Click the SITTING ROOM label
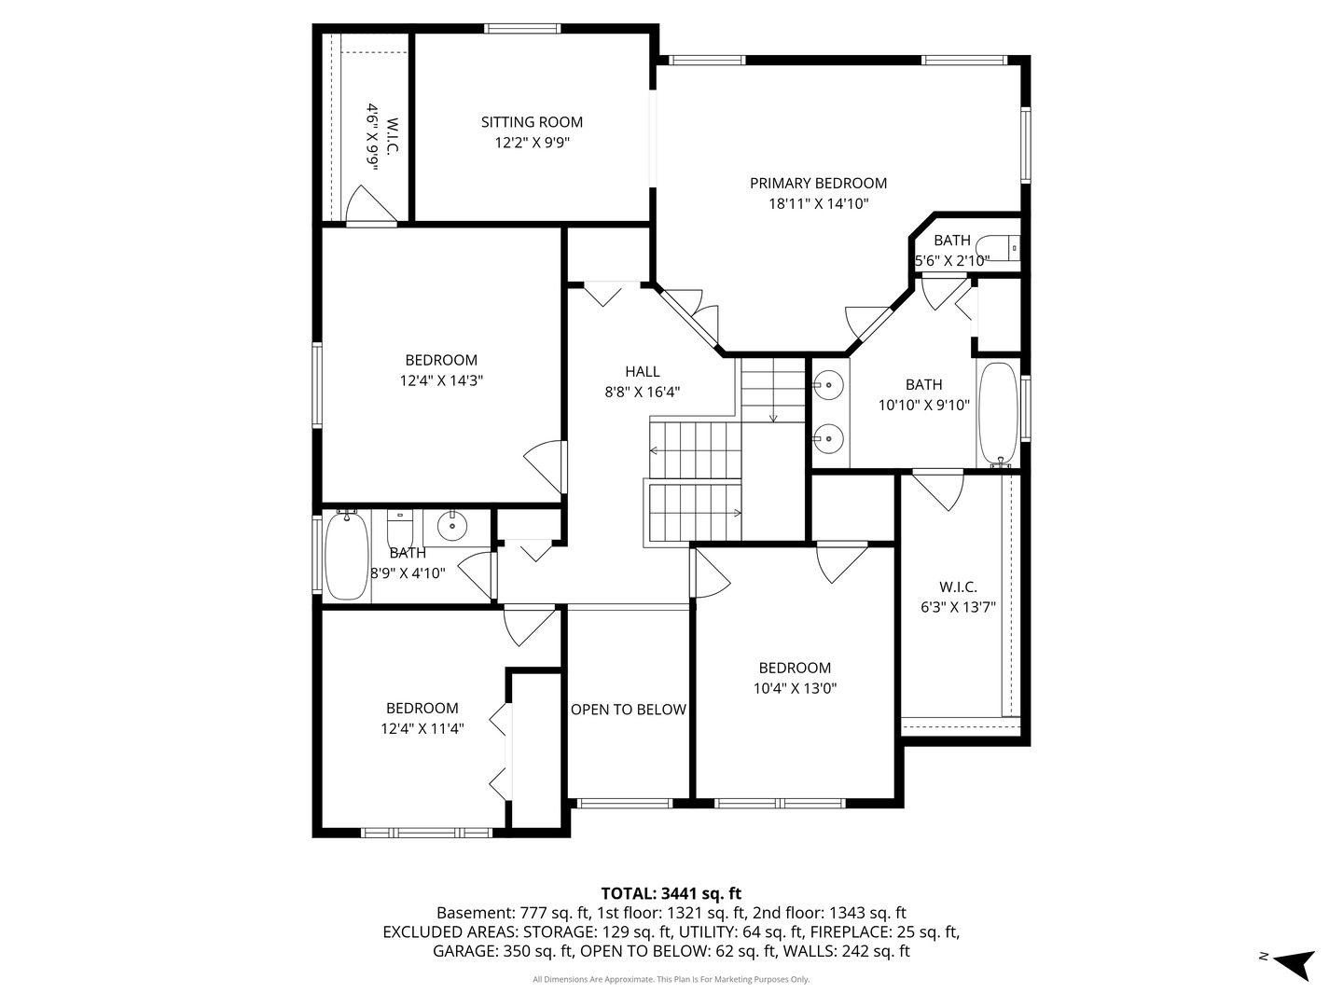click(532, 122)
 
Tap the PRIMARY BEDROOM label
click(818, 183)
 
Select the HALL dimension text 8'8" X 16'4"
click(642, 393)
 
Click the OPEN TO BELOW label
click(628, 710)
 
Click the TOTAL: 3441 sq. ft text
click(671, 894)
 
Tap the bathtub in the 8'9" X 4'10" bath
click(345, 557)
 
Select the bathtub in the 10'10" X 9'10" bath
click(998, 413)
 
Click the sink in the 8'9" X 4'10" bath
click(452, 526)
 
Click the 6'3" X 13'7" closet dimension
click(958, 607)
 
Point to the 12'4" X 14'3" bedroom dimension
click(440, 380)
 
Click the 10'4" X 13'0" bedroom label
click(795, 668)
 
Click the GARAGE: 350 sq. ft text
click(503, 951)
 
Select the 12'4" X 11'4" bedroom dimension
click(422, 728)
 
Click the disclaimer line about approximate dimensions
click(671, 979)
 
